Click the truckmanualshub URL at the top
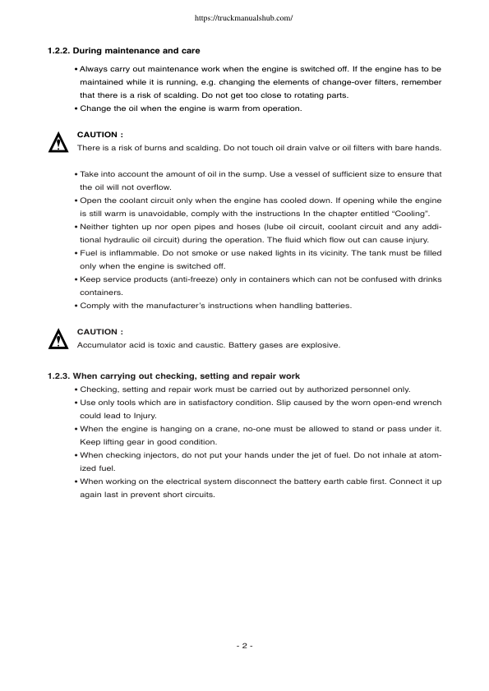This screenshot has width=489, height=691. [244, 16]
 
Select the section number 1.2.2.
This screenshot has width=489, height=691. [60, 51]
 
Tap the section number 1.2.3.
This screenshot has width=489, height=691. [60, 375]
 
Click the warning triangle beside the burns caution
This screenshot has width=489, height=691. [58, 143]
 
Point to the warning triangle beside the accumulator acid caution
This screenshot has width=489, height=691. [58, 339]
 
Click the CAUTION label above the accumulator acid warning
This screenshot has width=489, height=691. [99, 332]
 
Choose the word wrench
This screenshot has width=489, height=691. [425, 402]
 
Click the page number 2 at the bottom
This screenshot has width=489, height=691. [244, 646]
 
